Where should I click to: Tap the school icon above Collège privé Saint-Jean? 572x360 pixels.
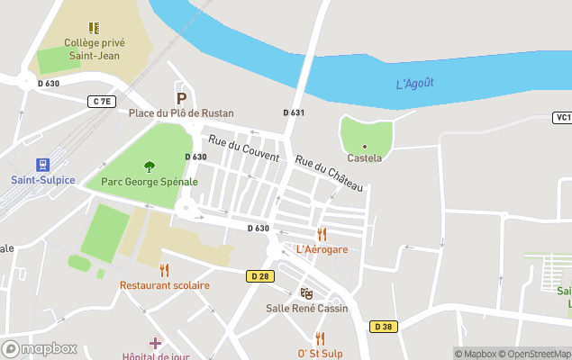[94, 28]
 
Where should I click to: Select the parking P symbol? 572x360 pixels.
[181, 98]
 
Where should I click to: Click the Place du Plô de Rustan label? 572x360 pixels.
[181, 113]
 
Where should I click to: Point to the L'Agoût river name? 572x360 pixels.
[415, 84]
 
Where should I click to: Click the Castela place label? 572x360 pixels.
[365, 157]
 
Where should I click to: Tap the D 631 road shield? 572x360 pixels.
[294, 112]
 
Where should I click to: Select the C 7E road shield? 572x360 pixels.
[103, 102]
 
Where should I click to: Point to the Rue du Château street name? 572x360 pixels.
[329, 173]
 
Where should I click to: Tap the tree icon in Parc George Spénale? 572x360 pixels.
[150, 166]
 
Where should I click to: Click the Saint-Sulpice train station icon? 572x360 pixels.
[41, 165]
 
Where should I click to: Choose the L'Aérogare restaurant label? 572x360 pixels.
[322, 249]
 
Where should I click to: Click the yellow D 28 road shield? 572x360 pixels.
[259, 275]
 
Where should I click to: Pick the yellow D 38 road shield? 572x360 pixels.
[383, 327]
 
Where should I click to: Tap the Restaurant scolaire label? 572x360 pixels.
[165, 285]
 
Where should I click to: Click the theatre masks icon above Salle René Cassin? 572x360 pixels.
[306, 293]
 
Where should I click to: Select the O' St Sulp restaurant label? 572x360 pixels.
[320, 353]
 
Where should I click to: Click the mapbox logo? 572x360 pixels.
[40, 348]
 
